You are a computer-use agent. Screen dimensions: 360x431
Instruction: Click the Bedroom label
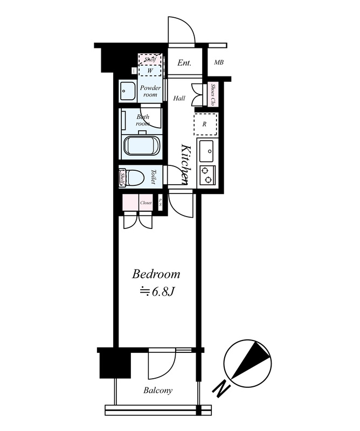point(156,274)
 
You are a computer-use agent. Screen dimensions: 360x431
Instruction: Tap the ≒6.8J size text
point(156,292)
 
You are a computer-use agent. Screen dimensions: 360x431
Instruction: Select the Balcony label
point(158,390)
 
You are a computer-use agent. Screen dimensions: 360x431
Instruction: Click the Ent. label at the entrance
point(184,62)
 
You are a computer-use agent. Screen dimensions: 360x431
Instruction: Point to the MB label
point(219,62)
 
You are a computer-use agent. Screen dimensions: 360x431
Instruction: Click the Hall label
point(179,98)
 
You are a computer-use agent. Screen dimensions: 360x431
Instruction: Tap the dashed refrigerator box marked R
point(205,124)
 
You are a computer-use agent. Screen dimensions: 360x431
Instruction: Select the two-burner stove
point(207,176)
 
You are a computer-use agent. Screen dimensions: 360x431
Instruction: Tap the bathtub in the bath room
point(141,145)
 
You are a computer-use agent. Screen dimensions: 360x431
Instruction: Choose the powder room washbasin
point(127,91)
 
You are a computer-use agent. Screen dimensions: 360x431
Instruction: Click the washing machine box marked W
point(150,71)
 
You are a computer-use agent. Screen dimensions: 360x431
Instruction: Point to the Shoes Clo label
point(212,95)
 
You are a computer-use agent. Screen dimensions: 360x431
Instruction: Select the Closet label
point(146,203)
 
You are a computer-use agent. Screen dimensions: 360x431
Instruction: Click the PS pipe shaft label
point(161,203)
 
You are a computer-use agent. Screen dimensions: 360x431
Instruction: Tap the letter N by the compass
point(221,390)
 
